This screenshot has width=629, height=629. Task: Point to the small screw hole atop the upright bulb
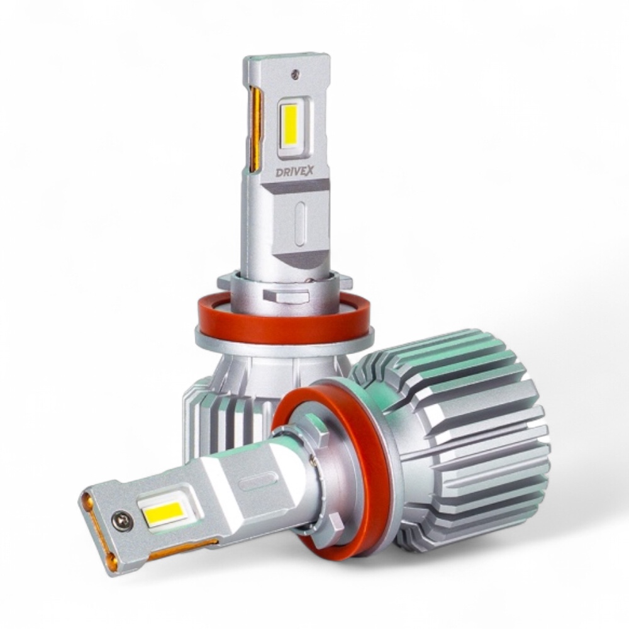pyautogui.click(x=296, y=73)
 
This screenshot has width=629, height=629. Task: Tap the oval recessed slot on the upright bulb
pyautogui.click(x=299, y=223)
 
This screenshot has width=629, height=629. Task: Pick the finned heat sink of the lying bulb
pyautogui.click(x=454, y=442)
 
